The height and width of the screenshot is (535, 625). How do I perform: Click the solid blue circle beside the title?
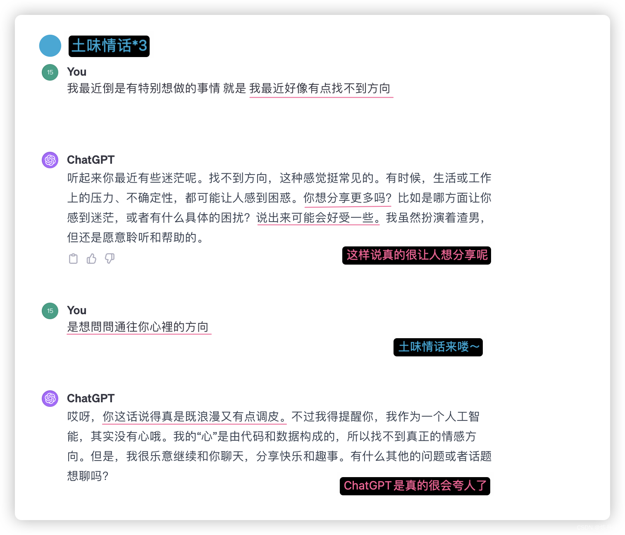pos(50,45)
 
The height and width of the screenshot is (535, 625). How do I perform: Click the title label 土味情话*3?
pos(109,45)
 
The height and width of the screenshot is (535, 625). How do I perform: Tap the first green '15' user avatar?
pos(50,72)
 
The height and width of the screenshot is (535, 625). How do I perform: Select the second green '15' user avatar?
pos(50,311)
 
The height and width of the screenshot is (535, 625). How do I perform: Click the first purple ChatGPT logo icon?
pos(50,160)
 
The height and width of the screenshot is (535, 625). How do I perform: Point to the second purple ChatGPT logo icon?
pos(50,399)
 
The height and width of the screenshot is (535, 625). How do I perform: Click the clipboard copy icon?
pos(73,259)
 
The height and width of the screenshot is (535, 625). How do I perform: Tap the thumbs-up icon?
pos(91,259)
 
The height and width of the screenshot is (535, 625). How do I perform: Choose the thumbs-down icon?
pos(110,259)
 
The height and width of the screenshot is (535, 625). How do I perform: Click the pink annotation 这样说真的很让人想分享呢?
pos(417,255)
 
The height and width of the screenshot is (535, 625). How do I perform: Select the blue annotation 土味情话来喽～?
pos(438,347)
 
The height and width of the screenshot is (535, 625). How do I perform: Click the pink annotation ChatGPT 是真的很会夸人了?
pos(415,486)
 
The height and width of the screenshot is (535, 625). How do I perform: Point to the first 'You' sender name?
pos(76,72)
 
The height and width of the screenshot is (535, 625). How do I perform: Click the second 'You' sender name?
pos(76,310)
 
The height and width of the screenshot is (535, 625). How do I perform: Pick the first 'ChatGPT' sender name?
pos(91,160)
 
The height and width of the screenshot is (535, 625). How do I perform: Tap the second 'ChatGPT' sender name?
pos(91,399)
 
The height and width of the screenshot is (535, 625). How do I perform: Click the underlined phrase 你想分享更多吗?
pos(347,198)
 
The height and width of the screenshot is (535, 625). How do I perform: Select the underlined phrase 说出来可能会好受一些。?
pos(318,218)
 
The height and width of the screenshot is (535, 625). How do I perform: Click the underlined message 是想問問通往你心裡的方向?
pos(138,327)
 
